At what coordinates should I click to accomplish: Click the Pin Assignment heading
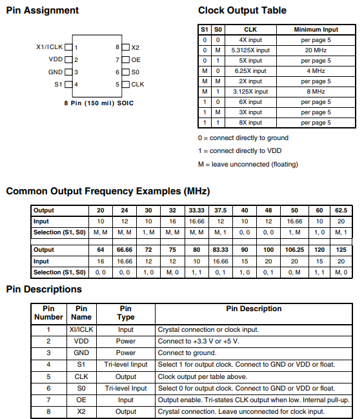coord(42,10)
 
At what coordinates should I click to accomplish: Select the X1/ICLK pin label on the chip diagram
coord(50,47)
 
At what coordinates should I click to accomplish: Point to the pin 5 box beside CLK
coord(125,84)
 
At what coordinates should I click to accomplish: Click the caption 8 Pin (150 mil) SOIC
coord(98,103)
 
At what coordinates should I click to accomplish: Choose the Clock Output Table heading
coord(242,10)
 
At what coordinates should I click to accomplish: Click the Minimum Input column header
coord(316,30)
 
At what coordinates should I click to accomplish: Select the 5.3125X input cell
coord(250,50)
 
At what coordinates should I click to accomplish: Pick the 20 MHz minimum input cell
coord(316,50)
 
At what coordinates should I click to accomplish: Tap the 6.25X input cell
coord(250,71)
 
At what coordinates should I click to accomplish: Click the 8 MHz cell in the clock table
coord(316,92)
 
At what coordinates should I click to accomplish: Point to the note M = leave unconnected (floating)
coord(248,164)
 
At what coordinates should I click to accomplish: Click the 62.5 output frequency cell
coord(341,210)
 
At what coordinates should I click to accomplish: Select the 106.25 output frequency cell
coord(294,250)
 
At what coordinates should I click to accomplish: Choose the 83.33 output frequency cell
coord(220,250)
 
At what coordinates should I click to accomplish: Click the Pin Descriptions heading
coord(44,289)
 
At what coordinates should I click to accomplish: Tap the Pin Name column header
coord(81,313)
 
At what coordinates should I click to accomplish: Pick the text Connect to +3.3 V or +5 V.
coord(199,341)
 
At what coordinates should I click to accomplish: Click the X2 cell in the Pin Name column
coord(81,412)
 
